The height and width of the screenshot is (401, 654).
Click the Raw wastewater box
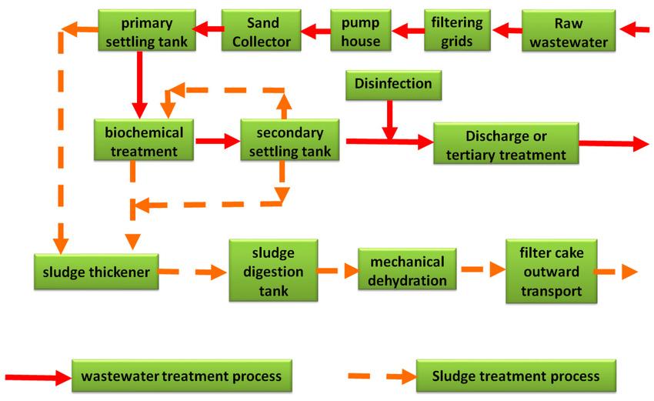(x=571, y=31)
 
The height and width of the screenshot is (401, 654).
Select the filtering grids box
(x=457, y=31)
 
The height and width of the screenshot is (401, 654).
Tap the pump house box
(x=361, y=31)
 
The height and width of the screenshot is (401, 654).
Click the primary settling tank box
(x=147, y=31)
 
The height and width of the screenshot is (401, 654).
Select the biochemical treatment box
(x=145, y=140)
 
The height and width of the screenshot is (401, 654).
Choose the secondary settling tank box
(x=291, y=140)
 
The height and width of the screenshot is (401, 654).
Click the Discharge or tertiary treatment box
(x=505, y=143)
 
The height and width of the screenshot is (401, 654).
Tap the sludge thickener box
(x=96, y=270)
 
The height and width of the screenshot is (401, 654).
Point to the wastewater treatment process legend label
(x=182, y=377)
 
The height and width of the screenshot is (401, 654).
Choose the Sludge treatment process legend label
(x=516, y=377)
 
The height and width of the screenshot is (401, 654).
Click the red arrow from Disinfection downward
(x=389, y=119)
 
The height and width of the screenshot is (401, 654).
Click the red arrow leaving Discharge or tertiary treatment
(x=612, y=143)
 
